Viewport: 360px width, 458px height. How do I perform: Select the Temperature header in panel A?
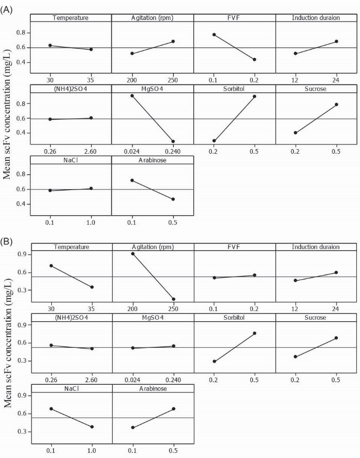71,18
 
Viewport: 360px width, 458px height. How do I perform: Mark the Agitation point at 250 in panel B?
174,299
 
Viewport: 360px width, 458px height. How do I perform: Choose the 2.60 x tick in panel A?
91,152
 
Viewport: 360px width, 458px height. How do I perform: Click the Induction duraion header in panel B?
316,247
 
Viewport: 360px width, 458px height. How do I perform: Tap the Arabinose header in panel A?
153,160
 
